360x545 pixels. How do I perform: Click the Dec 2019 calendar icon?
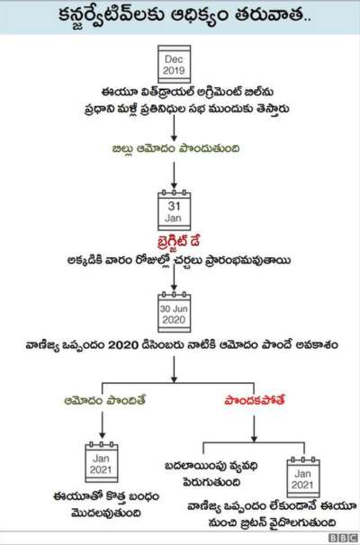[x=174, y=64]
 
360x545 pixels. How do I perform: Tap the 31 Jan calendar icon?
[x=174, y=210]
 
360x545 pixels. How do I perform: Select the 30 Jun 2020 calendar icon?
[x=174, y=312]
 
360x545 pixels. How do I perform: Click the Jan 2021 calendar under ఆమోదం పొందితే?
[x=102, y=462]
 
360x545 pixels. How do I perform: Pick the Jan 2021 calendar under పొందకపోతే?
[x=303, y=478]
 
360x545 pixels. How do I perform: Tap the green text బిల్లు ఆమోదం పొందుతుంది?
[x=175, y=148]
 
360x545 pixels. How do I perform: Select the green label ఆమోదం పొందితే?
[x=104, y=400]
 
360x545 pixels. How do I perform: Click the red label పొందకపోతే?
[x=255, y=400]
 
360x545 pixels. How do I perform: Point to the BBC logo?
[x=343, y=538]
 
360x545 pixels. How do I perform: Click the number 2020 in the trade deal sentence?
[x=123, y=345]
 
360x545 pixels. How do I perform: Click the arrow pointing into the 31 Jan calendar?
[x=174, y=175]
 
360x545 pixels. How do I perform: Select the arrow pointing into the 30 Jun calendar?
[x=174, y=279]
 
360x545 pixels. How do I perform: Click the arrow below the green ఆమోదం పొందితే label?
[x=102, y=425]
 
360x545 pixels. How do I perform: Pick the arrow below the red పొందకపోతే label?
[x=255, y=429]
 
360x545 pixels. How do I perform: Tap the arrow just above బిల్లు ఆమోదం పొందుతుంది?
[x=174, y=129]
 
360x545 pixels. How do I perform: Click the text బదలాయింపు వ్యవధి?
[x=211, y=466]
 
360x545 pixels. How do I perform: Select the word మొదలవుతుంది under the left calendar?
[x=106, y=514]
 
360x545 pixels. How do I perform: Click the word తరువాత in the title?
[x=271, y=16]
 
